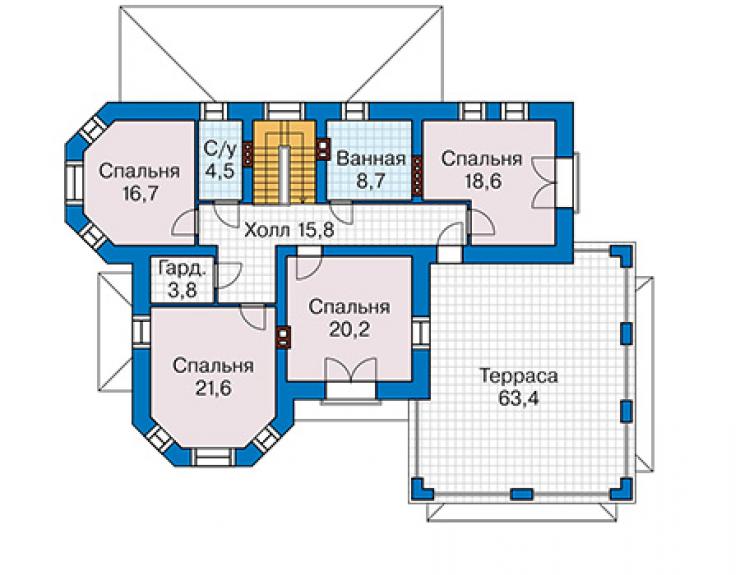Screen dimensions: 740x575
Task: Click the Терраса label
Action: coord(519,376)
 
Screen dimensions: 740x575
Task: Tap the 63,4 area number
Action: coord(518,399)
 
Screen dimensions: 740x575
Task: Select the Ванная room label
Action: coord(371,159)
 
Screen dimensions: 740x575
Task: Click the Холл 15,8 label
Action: coord(289,230)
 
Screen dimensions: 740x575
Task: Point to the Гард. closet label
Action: coord(182,269)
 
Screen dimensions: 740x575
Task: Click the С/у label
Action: coord(219,149)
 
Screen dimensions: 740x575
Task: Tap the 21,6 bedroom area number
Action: coord(213,388)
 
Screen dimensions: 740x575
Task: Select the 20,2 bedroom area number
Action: coord(349,330)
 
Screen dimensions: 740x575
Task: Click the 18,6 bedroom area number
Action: coord(481,181)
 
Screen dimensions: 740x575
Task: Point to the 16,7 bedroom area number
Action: coord(139,193)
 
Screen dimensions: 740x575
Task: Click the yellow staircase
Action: coord(284,162)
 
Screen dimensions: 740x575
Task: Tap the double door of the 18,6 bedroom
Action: coord(544,183)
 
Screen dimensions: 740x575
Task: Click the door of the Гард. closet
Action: coord(228,275)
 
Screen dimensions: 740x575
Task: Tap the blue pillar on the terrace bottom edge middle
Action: coord(522,494)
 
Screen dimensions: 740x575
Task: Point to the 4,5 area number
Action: coord(219,170)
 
